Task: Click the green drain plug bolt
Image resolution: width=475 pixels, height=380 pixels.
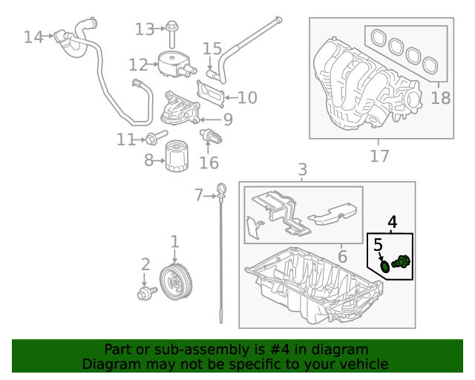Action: (401, 262)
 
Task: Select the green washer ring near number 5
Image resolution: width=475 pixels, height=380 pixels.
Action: (385, 266)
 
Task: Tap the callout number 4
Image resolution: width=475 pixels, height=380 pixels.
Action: (393, 222)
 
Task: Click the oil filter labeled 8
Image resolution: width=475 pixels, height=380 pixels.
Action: (177, 155)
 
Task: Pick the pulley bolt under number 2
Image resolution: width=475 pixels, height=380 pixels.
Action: (147, 292)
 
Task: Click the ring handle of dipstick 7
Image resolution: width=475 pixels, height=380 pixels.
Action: (221, 189)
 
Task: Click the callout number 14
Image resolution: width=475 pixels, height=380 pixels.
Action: (33, 37)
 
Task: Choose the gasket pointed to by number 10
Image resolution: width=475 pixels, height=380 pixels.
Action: (211, 94)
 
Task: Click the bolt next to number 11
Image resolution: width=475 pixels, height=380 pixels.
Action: (157, 137)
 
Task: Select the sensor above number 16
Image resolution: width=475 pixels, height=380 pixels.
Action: (211, 137)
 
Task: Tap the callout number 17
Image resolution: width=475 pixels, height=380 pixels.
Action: (379, 156)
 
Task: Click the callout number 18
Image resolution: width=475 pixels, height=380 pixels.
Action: (440, 98)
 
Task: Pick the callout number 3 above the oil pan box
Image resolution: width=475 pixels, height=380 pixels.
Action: (302, 170)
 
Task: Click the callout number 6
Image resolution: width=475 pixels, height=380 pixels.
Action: (342, 256)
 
